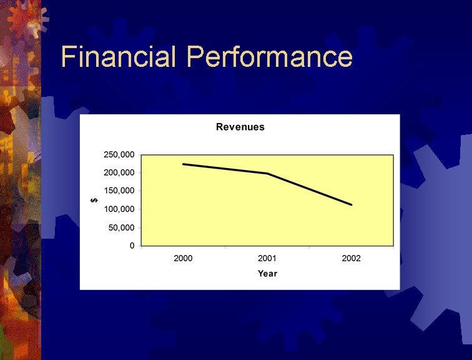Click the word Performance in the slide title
[270, 57]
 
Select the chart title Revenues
[240, 127]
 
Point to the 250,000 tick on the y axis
[119, 154]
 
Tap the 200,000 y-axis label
[119, 172]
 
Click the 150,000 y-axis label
[119, 191]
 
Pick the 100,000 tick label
[119, 209]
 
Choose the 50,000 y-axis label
[121, 227]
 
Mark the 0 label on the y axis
[132, 246]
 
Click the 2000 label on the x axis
[183, 258]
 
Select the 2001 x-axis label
[267, 258]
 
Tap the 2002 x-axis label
[351, 258]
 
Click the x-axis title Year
[267, 274]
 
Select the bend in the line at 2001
[268, 173]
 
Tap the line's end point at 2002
[352, 204]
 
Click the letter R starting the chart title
[220, 127]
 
